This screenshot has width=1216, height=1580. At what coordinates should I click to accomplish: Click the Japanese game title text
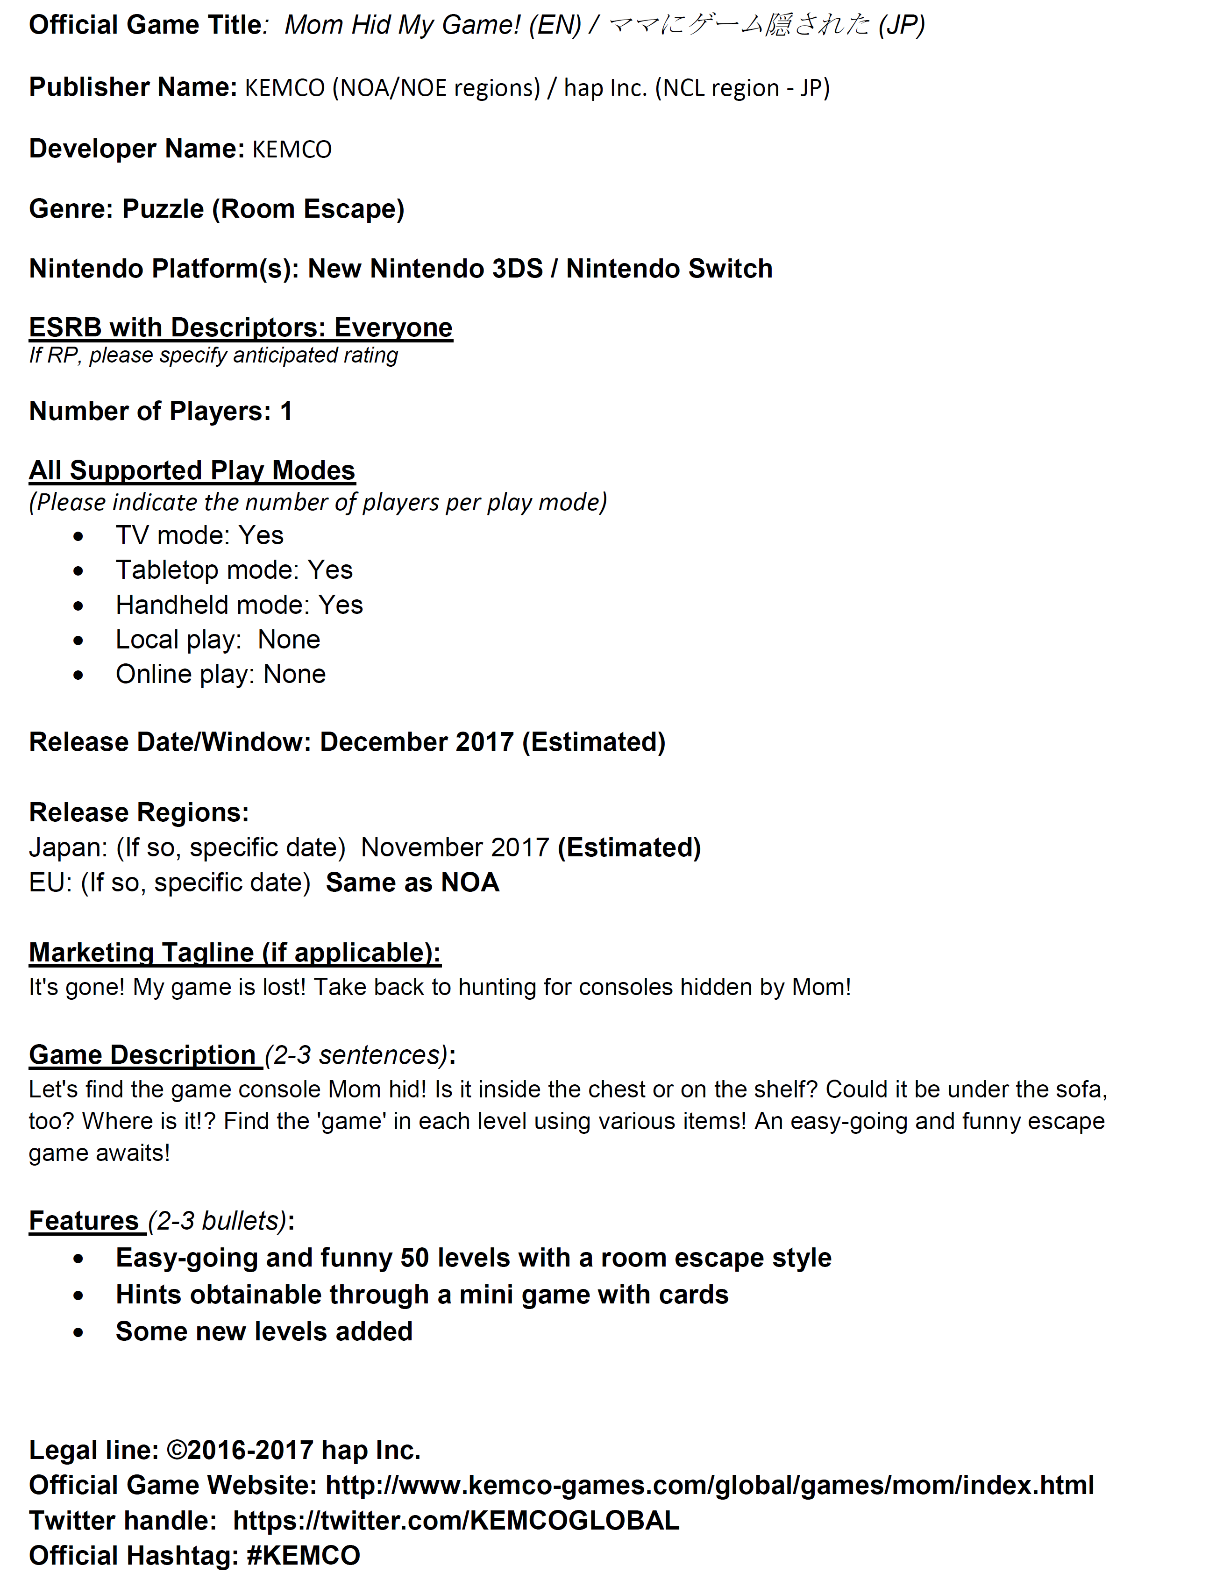coord(740,25)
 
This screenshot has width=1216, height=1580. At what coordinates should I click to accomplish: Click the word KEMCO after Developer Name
coord(292,150)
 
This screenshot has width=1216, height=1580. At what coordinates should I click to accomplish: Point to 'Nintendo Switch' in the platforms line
coord(669,269)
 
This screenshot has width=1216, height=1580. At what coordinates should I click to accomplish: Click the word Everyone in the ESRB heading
coord(393,327)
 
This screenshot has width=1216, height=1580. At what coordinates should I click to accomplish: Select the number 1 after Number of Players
coord(286,412)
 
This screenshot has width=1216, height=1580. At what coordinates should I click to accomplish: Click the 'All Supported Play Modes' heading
coord(192,471)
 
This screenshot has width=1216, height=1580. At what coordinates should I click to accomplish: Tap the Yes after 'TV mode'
coord(261,536)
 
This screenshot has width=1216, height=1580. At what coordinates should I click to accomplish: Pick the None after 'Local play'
coord(289,640)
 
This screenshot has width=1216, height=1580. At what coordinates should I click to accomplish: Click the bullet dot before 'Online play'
coord(78,676)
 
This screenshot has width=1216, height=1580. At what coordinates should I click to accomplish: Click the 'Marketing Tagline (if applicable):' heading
coord(235,953)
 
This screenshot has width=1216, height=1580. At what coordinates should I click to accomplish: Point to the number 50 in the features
coord(414,1258)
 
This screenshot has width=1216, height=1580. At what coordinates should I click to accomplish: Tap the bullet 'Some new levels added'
coord(264,1332)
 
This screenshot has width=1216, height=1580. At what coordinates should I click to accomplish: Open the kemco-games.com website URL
coord(709,1486)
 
